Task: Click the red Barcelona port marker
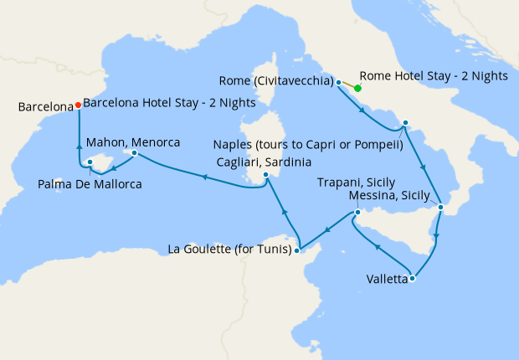[x=78, y=105]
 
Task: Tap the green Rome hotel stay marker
[x=357, y=88]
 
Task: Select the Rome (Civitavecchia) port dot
[x=338, y=82]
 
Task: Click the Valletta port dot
[x=412, y=279]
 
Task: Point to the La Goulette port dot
[x=298, y=249]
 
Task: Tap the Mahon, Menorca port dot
[x=132, y=153]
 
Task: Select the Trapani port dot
[x=357, y=212]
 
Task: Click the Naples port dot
[x=404, y=123]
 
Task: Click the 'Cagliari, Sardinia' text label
[x=265, y=162]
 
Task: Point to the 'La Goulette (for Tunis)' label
[x=229, y=249]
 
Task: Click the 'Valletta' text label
[x=387, y=280]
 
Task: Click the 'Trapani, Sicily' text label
[x=357, y=182]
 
